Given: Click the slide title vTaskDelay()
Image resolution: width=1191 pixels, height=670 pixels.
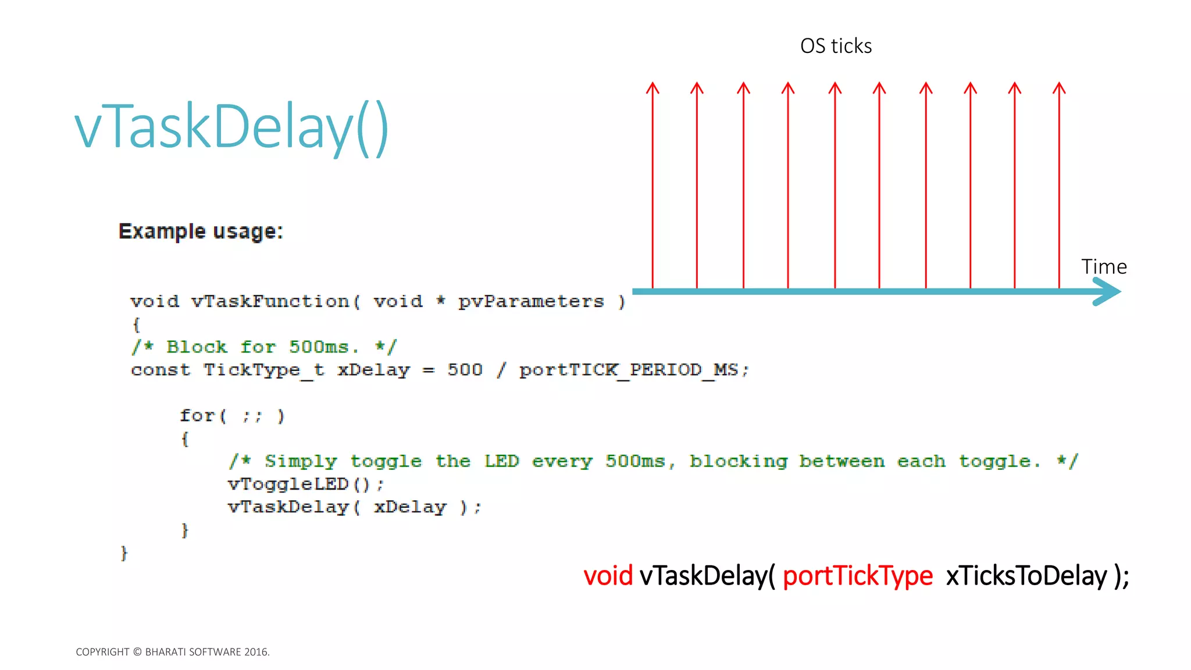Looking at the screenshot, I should coord(231,127).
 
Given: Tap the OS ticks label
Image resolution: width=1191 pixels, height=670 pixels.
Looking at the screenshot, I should coord(836,46).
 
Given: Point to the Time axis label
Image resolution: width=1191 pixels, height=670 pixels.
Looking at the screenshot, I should coord(1104,266).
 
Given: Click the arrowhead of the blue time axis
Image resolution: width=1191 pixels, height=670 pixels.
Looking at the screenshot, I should coord(1108,291).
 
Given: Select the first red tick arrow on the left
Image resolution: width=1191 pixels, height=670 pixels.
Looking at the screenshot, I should coord(652,186).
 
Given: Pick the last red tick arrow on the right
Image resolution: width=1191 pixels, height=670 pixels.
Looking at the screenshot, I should coord(1059,186).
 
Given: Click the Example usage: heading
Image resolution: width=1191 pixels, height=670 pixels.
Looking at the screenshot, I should coord(201,231).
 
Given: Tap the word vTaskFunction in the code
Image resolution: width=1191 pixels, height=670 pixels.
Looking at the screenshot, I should coord(270,301).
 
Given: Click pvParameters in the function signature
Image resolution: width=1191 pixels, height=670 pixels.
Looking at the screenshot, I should coord(531,301).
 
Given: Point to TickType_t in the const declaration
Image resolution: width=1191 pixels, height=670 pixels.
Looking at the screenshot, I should coord(263,370).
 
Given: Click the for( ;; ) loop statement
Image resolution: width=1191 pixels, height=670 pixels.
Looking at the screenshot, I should coord(232,416).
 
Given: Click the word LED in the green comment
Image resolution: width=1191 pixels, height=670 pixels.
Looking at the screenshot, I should coord(501,461).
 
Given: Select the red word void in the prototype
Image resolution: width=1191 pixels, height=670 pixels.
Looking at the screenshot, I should coord(608,576).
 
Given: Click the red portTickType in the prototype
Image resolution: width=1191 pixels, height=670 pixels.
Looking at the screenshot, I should coord(858,576).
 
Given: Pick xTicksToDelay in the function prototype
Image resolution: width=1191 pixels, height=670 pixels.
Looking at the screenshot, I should coord(1026,576).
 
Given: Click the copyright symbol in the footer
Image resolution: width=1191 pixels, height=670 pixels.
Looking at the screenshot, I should coord(137,652).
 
